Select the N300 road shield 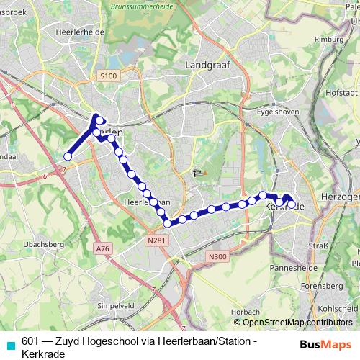coord(215,255)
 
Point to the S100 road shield coord(107,76)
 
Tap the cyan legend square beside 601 coord(10,346)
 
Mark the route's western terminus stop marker coord(67,156)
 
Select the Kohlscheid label coord(341,307)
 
